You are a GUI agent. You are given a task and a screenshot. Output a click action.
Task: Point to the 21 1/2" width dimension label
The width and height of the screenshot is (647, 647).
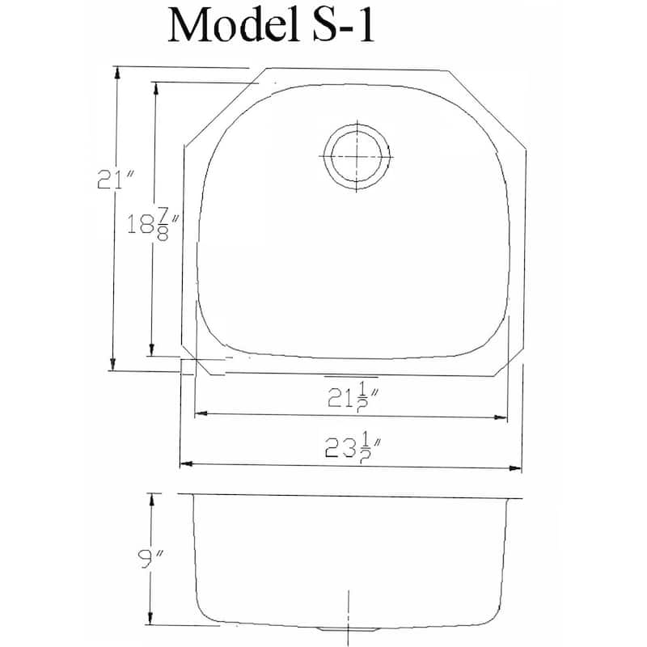pos(353,396)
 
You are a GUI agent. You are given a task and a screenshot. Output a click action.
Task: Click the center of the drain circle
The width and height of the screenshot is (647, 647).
pos(357,156)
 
